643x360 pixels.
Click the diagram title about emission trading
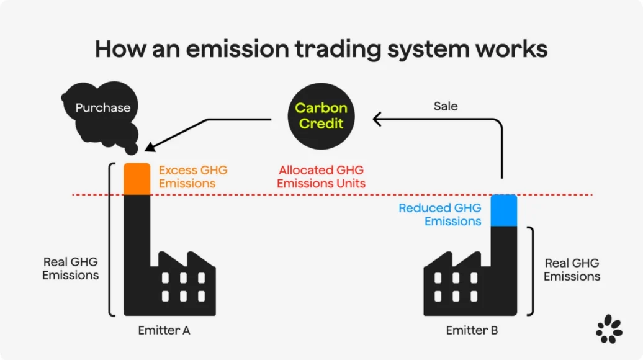(321, 48)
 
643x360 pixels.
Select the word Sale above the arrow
(445, 106)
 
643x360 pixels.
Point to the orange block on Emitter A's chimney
(137, 179)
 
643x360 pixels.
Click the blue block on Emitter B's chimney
(504, 210)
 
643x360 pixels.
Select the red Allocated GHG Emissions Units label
(321, 176)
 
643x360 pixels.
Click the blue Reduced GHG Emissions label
(439, 215)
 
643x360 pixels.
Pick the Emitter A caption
(164, 330)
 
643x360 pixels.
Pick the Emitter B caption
(472, 330)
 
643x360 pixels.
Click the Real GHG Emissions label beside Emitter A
(70, 268)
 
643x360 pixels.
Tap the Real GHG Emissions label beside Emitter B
(572, 269)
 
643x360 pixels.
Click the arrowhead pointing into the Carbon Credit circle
(377, 118)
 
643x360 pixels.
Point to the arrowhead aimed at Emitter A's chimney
(149, 147)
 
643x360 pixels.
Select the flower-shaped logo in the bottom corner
(609, 329)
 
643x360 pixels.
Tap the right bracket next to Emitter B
(531, 270)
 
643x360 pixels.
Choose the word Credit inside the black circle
(321, 123)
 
